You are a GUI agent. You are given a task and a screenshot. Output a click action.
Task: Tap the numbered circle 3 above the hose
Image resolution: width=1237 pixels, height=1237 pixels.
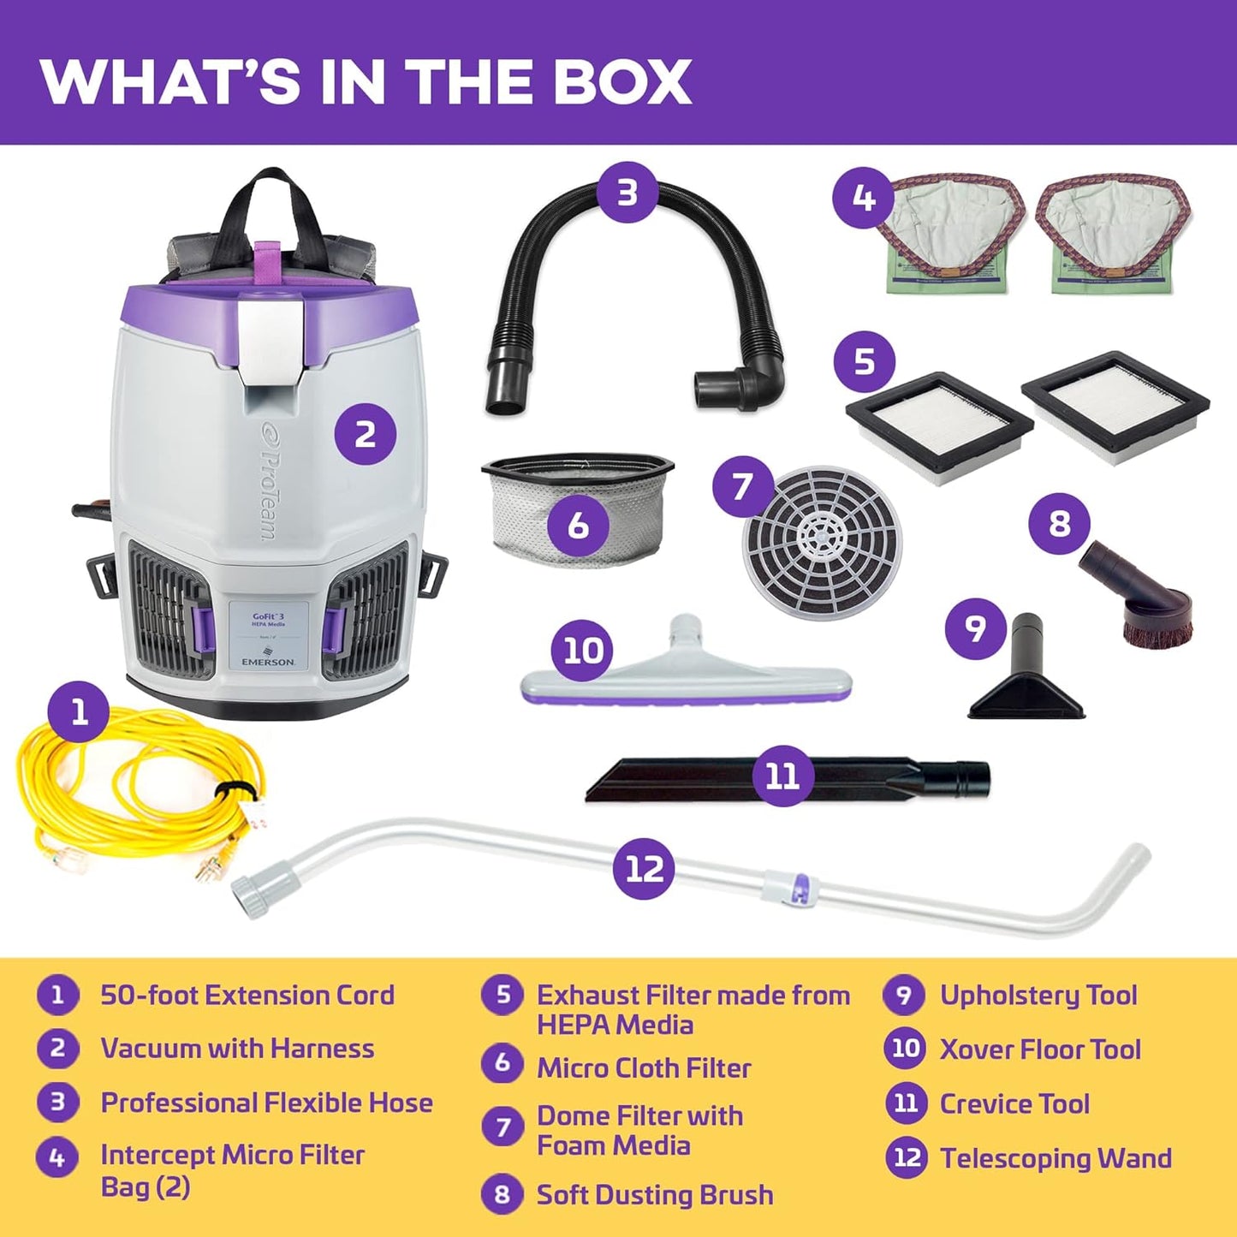point(627,193)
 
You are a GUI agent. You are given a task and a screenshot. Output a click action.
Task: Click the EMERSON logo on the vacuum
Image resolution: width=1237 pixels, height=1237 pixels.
point(268,662)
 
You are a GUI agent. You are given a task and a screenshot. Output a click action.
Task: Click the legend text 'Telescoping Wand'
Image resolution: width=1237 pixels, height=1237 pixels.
point(1056,1158)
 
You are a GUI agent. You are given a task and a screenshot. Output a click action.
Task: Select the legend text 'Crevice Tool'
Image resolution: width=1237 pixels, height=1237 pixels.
point(1014,1104)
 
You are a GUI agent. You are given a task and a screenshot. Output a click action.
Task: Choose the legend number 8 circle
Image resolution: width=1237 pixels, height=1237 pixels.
point(503,1194)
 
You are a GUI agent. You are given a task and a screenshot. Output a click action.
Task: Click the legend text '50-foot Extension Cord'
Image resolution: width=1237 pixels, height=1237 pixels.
point(247,996)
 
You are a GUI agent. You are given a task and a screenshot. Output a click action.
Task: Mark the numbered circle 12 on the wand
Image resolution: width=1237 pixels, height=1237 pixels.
point(645,869)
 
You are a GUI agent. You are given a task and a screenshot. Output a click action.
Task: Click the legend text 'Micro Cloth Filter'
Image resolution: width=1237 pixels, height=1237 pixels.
point(644,1068)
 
